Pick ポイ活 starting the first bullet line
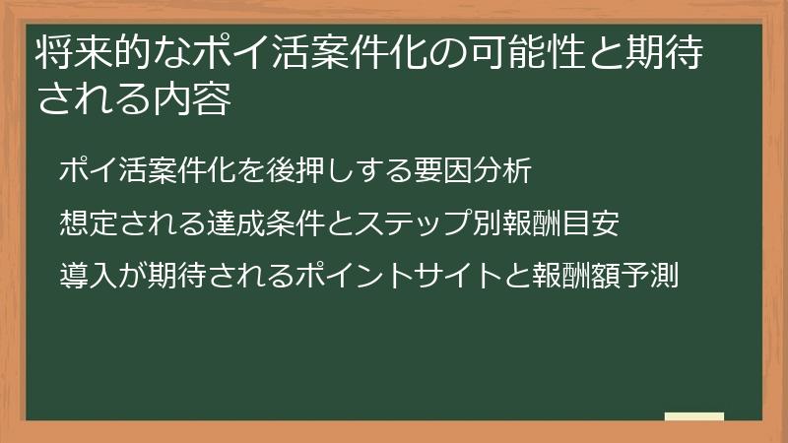pyautogui.click(x=103, y=170)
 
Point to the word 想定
pyautogui.click(x=89, y=223)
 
